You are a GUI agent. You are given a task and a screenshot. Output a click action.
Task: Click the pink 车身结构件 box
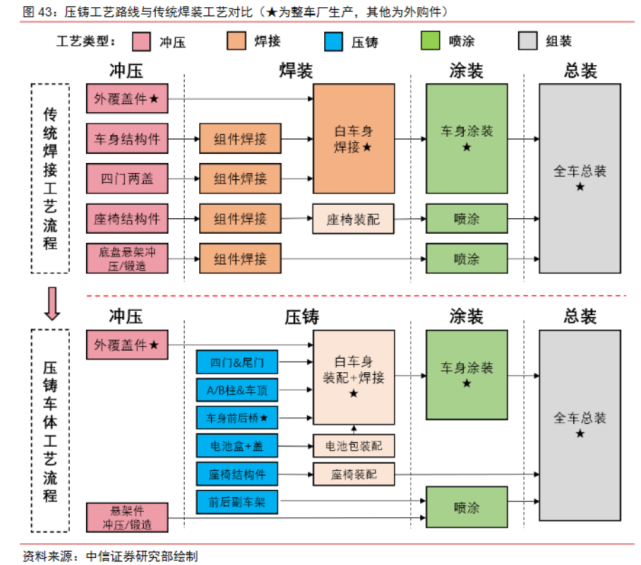127,139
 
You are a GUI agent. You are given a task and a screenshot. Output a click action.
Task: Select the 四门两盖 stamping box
127,179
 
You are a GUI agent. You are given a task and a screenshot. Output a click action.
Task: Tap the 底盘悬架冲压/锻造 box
127,259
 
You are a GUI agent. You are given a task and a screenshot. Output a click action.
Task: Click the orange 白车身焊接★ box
353,139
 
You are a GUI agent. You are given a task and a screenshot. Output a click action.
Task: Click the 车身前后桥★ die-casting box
238,417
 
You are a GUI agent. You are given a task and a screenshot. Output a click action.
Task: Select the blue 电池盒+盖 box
238,445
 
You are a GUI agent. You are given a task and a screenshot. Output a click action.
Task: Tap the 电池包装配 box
353,445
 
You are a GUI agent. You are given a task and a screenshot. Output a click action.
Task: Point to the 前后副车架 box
238,501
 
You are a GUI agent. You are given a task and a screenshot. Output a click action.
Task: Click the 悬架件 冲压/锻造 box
127,516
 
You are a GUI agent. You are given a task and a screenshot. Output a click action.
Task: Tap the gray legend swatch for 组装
530,42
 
